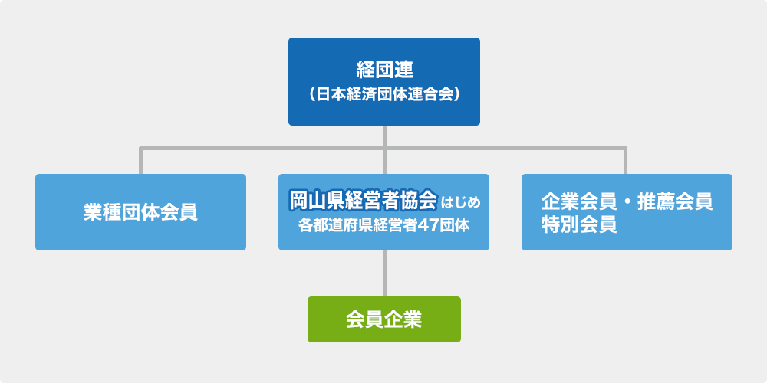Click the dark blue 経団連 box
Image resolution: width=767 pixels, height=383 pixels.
[x=384, y=82]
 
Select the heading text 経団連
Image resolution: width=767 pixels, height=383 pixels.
[x=384, y=70]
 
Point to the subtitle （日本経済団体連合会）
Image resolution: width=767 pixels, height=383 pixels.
[x=384, y=94]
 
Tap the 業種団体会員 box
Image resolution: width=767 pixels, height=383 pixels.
[x=140, y=212]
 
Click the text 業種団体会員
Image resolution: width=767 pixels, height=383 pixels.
[x=140, y=212]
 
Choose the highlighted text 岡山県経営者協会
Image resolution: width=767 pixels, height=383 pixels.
[x=363, y=199]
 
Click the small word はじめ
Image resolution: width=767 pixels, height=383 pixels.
[x=461, y=201]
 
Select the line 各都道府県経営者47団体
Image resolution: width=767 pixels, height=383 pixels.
[x=384, y=226]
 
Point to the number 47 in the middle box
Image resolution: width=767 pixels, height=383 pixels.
[x=428, y=226]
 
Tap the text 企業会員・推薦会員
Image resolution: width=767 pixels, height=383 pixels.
[x=627, y=201]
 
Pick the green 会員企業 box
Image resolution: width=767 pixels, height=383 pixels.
[x=384, y=319]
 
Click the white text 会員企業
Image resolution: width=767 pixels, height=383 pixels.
[x=384, y=320]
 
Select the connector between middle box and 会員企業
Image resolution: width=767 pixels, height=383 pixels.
[x=384, y=273]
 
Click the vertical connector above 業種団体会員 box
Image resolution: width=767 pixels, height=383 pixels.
[x=141, y=160]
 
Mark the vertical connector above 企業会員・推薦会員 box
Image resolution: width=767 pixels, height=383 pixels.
[x=625, y=160]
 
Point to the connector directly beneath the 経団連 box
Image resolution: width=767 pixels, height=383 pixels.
[x=384, y=149]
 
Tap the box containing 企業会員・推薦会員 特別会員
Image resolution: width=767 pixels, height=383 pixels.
[x=627, y=212]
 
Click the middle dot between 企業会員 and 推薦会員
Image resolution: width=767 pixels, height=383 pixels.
[x=627, y=201]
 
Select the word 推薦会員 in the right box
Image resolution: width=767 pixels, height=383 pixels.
[x=675, y=201]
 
